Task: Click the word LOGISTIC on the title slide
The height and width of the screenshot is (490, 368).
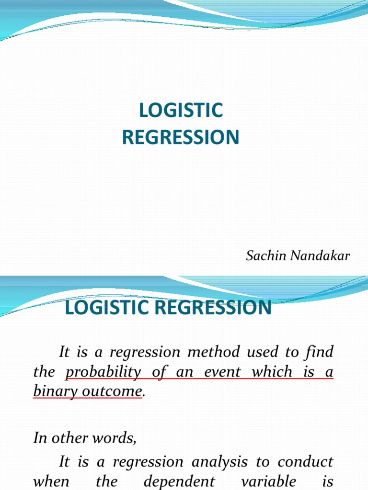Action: click(181, 111)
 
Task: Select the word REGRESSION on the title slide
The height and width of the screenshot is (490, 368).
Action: click(181, 137)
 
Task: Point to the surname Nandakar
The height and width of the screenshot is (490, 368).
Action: click(320, 256)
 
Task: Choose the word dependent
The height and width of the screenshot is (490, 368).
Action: click(178, 481)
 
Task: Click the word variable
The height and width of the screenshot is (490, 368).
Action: click(257, 481)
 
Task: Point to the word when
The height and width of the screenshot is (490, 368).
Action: click(51, 481)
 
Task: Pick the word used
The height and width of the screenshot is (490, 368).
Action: click(274, 353)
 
